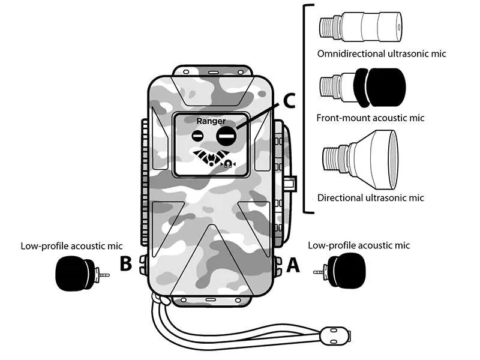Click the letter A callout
pyautogui.click(x=292, y=264)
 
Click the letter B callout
pyautogui.click(x=125, y=264)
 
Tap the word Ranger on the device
pyautogui.click(x=211, y=121)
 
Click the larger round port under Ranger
pyautogui.click(x=226, y=136)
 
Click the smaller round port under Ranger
pyautogui.click(x=199, y=136)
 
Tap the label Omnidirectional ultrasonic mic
pyautogui.click(x=382, y=54)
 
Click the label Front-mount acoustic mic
pyautogui.click(x=370, y=118)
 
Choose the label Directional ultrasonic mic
pyautogui.click(x=370, y=198)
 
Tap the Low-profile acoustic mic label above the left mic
pyautogui.click(x=71, y=246)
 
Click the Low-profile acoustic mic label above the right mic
pyautogui.click(x=359, y=246)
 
